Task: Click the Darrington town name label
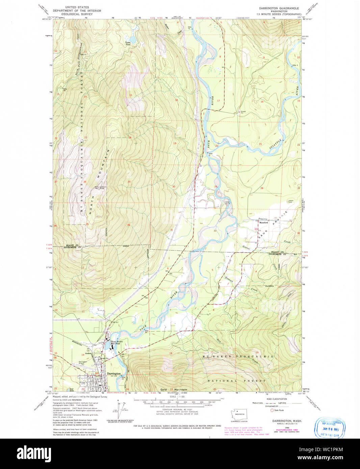(x=113, y=374)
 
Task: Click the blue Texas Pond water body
(x=132, y=40)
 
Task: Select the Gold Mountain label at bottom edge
(x=174, y=389)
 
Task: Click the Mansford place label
(x=263, y=223)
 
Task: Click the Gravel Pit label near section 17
(x=243, y=111)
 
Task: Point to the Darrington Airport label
(x=83, y=362)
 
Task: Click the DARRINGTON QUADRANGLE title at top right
(x=279, y=8)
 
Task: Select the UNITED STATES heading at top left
(x=77, y=7)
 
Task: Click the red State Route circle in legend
(x=272, y=410)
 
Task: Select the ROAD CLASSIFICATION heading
(x=276, y=399)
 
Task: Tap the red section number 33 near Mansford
(x=256, y=229)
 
